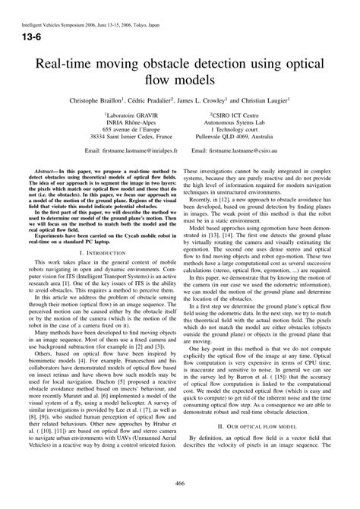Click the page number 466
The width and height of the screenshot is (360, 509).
(180, 482)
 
